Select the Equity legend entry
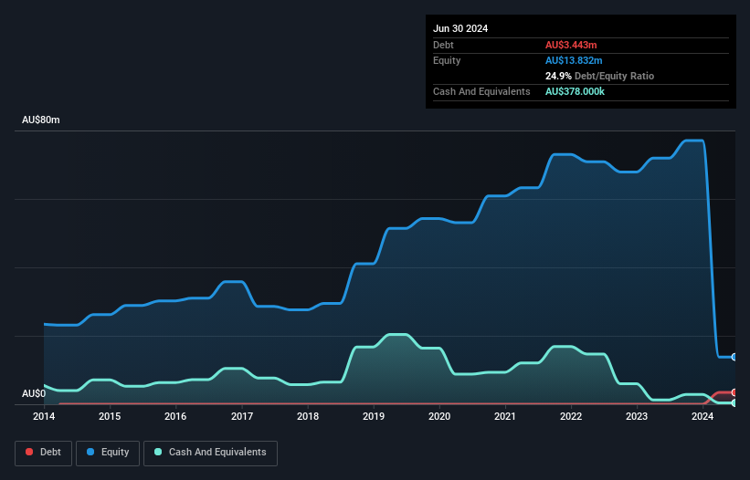(x=108, y=453)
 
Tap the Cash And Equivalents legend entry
(x=210, y=453)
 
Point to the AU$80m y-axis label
(x=40, y=120)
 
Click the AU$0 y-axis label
(x=34, y=393)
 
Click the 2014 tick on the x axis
(x=44, y=417)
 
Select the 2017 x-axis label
(x=242, y=417)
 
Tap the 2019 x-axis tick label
(x=374, y=417)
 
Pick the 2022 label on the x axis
(x=572, y=417)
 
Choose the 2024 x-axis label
(x=703, y=417)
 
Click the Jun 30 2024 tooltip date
(x=460, y=28)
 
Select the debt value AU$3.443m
(x=571, y=45)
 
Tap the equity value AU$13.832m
(x=575, y=60)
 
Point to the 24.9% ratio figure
(x=559, y=76)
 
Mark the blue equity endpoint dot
(x=734, y=357)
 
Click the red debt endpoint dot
(x=734, y=392)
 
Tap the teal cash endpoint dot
(x=734, y=402)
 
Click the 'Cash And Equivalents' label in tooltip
(x=481, y=91)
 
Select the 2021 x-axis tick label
(x=506, y=417)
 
